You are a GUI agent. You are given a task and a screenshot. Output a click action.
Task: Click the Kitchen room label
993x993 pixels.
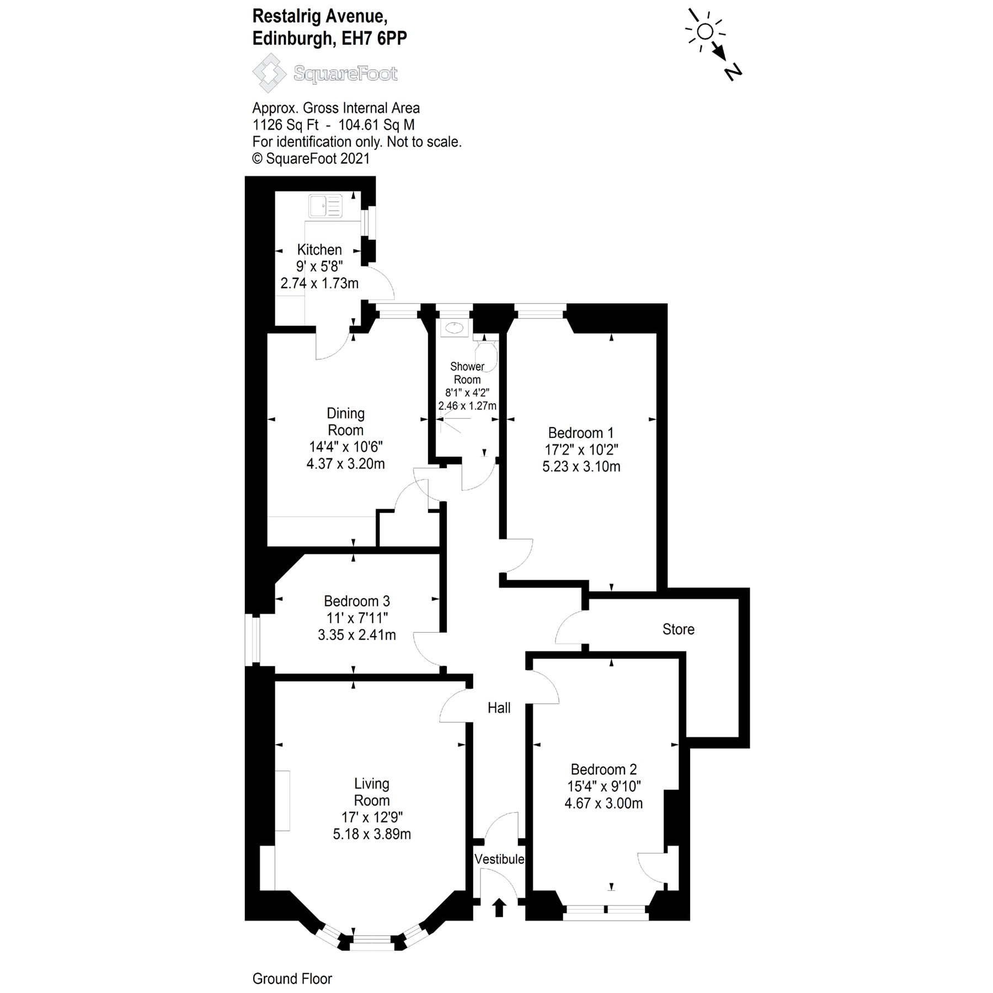[319, 249]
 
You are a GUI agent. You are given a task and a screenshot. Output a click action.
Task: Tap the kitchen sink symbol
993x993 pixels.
[325, 206]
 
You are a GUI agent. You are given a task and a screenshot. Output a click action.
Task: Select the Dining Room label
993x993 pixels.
[345, 421]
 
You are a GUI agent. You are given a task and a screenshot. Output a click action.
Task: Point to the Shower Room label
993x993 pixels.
[467, 373]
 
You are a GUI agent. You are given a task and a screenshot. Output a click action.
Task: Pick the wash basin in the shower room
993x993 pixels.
[453, 328]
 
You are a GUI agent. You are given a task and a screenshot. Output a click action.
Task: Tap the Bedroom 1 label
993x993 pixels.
[580, 433]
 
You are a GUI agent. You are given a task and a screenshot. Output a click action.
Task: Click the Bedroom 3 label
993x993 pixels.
[356, 601]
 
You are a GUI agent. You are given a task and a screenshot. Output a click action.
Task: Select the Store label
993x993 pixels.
[678, 629]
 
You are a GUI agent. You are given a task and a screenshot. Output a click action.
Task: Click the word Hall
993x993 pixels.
[499, 708]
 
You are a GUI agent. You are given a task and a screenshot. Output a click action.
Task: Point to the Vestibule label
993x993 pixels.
[499, 859]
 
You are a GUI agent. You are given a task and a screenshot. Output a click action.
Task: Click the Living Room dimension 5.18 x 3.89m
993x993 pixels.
[371, 834]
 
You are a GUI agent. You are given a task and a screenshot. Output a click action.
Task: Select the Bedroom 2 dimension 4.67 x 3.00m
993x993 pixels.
[604, 803]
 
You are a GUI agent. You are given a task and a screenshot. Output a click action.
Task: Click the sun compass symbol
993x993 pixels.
[704, 32]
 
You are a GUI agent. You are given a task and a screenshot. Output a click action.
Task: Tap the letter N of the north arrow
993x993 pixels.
[733, 72]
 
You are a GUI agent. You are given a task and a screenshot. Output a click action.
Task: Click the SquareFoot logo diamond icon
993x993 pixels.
[269, 73]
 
